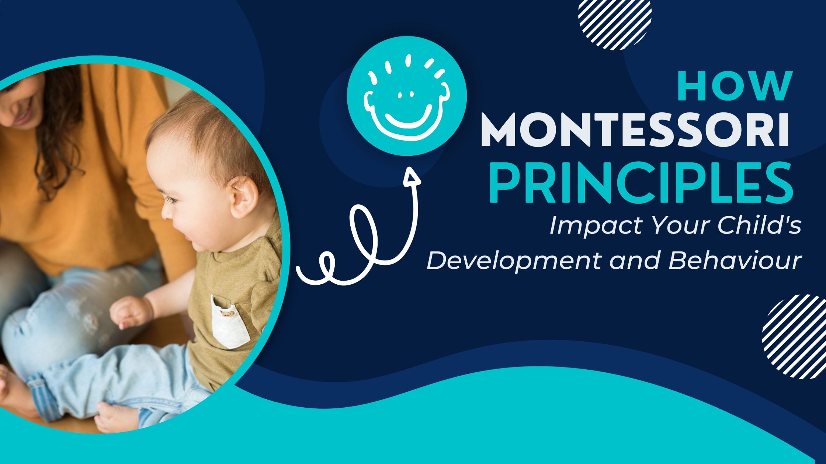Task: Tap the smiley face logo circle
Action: coord(407,96)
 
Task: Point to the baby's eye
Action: coord(172,201)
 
